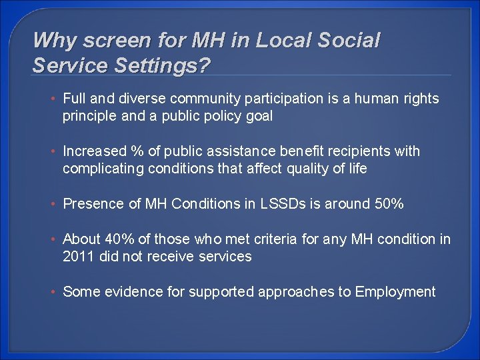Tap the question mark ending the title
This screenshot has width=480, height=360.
tap(205, 65)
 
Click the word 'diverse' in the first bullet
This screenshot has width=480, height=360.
tap(143, 99)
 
